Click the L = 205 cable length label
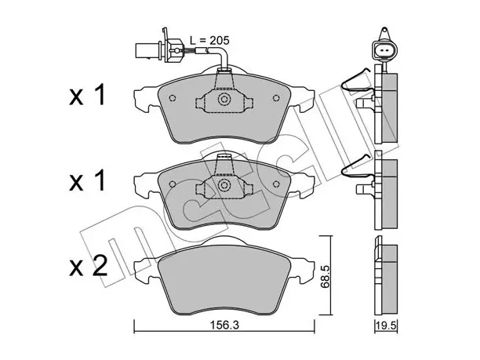click(x=209, y=40)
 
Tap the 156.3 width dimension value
click(x=224, y=325)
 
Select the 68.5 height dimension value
click(x=325, y=276)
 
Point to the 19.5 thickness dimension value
click(x=386, y=325)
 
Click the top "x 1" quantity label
click(x=88, y=95)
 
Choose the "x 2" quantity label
click(x=89, y=266)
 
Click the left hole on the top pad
click(x=173, y=98)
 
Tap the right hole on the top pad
click(x=276, y=98)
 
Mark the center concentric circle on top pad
click(x=224, y=99)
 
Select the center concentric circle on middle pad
click(x=224, y=185)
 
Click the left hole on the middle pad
click(x=173, y=184)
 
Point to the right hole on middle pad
click(x=276, y=184)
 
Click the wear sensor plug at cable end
click(x=159, y=50)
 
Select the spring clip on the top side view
click(x=358, y=81)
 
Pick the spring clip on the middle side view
click(x=358, y=167)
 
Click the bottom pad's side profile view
click(x=386, y=275)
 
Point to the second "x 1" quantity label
click(x=88, y=181)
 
